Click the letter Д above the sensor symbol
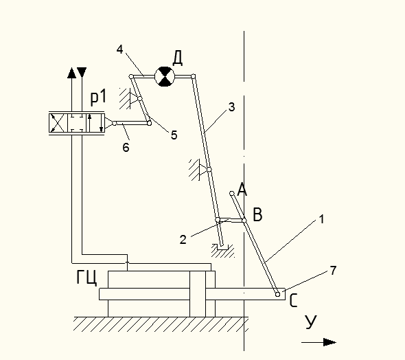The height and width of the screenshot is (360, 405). click(178, 58)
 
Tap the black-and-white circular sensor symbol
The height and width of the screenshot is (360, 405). click(165, 76)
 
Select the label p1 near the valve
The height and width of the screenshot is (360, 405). click(98, 98)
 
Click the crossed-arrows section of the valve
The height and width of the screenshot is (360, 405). click(58, 123)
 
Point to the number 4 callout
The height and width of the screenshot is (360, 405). click(119, 49)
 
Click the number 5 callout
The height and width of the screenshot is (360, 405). click(174, 135)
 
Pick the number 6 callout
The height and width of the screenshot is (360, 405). click(126, 147)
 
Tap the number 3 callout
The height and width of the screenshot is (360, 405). click(232, 107)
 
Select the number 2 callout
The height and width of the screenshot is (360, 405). click(183, 240)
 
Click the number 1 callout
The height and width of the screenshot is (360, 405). click(321, 219)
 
